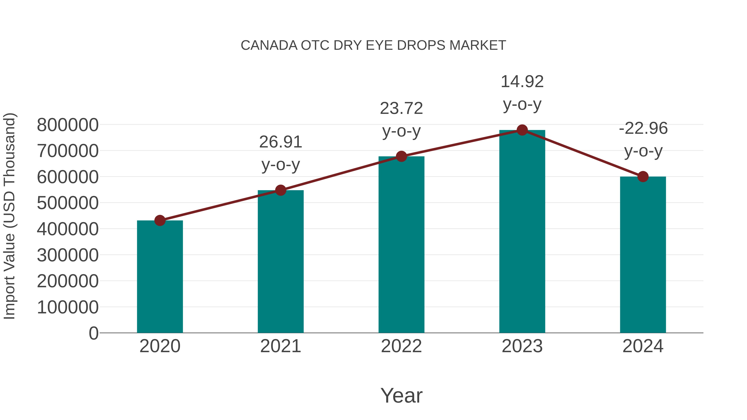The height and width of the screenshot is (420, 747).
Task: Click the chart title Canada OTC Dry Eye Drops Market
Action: pyautogui.click(x=373, y=45)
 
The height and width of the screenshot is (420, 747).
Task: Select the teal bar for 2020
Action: pyautogui.click(x=160, y=277)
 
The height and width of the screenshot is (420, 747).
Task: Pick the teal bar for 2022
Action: pyautogui.click(x=401, y=245)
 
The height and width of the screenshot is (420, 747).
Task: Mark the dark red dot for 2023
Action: pyautogui.click(x=522, y=130)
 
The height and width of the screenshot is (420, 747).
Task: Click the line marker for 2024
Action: pyautogui.click(x=643, y=177)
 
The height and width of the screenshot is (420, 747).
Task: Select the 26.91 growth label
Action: pyautogui.click(x=280, y=142)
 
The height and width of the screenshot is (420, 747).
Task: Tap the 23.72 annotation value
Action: pyautogui.click(x=401, y=109)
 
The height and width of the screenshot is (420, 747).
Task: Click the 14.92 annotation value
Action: pyautogui.click(x=522, y=82)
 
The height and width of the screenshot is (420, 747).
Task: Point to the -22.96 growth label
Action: pyautogui.click(x=643, y=128)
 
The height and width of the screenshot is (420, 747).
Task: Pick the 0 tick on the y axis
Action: pyautogui.click(x=93, y=333)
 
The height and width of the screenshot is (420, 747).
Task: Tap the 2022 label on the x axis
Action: pyautogui.click(x=401, y=346)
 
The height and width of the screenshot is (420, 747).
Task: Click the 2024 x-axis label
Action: pyautogui.click(x=643, y=346)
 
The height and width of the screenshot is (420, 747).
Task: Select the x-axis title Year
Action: pyautogui.click(x=401, y=395)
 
